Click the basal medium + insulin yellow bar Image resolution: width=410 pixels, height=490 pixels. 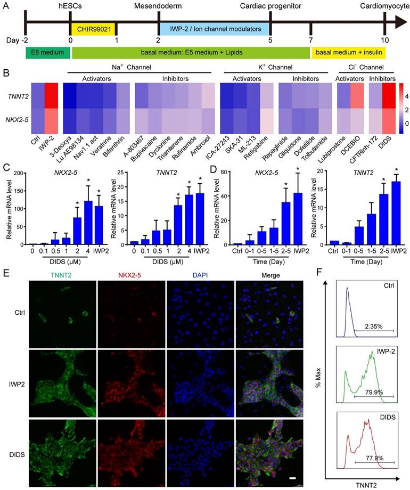349,52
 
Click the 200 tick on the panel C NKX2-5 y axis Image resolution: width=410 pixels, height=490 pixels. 18,173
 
